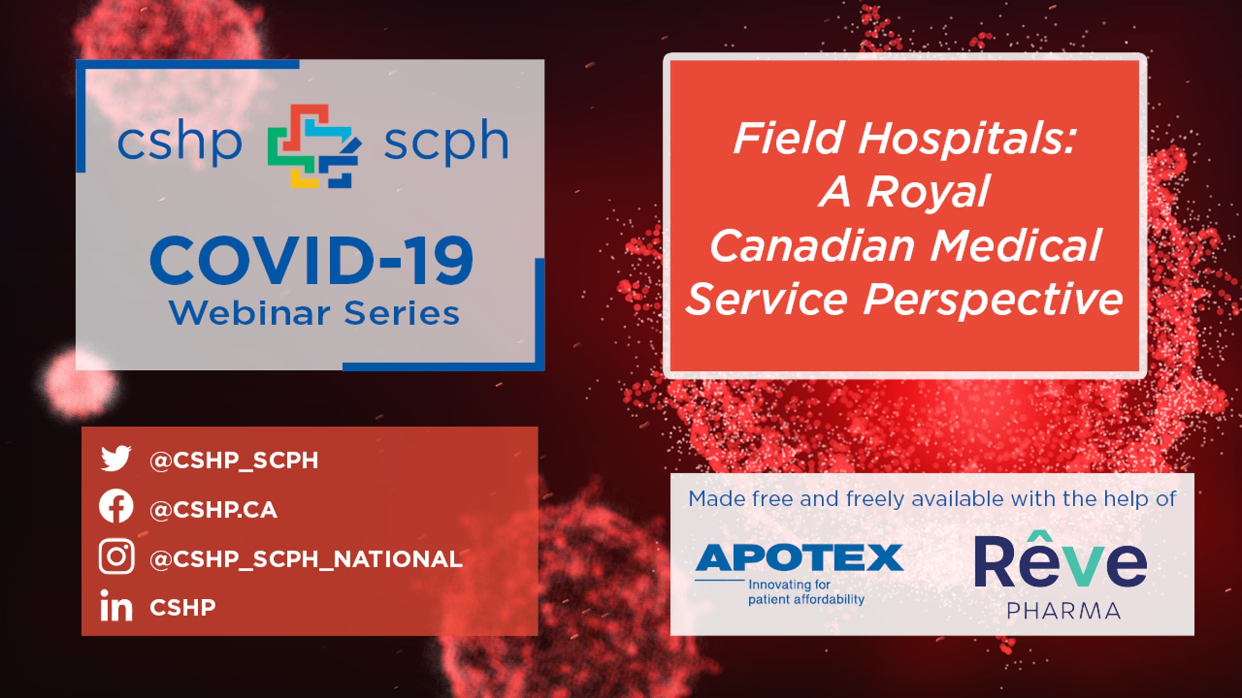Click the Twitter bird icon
point(116,458)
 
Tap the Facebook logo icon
point(116,506)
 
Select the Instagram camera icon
point(116,556)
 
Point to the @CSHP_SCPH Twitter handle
point(234,460)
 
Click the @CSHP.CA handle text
point(213,510)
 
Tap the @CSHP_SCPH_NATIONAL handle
point(306,559)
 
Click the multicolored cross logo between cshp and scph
point(314,146)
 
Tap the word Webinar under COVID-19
point(249,313)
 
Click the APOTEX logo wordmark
point(799,557)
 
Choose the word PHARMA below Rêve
point(1064,611)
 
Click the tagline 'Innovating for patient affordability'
point(806,592)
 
